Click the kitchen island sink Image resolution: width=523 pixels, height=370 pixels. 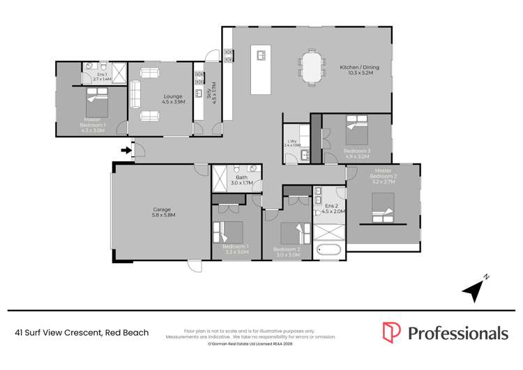coord(263,54)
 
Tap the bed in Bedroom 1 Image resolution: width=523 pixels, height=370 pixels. coord(229,232)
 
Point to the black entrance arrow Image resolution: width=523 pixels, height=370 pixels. coord(126,149)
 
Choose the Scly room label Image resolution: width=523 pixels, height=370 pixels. coord(209,93)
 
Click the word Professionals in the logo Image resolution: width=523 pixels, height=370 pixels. coord(458,332)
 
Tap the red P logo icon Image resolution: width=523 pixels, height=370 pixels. coord(391,332)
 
